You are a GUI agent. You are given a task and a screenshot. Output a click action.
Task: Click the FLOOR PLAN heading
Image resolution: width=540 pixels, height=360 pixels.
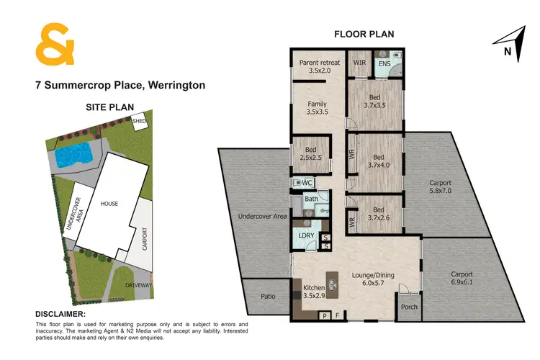coord(363,34)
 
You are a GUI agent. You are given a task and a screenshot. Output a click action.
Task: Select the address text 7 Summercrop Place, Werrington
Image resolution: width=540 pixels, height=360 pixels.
coord(120,85)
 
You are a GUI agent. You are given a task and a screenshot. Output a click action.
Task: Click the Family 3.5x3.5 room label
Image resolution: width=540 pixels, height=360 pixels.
coord(317,107)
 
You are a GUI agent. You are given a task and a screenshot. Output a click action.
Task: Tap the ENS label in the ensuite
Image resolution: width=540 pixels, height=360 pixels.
coord(385,64)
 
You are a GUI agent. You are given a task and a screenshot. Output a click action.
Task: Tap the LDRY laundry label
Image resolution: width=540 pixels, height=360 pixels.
coord(305,235)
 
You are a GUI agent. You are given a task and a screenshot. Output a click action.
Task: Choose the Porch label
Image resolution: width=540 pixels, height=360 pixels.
coord(408,307)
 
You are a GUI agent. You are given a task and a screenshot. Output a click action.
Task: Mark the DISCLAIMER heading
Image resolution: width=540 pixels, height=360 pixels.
coord(61,315)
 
